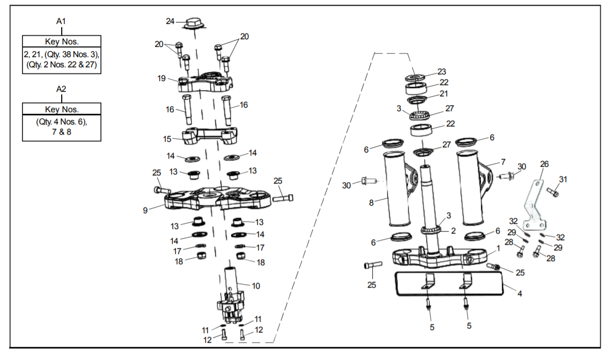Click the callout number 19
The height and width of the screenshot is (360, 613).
click(x=162, y=78)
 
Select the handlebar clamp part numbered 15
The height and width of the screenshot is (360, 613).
click(x=210, y=136)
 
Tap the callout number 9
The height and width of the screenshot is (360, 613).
click(x=145, y=210)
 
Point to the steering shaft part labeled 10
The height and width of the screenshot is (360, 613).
click(x=231, y=295)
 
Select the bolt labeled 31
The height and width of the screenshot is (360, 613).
click(x=553, y=192)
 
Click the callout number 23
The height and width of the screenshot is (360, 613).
click(x=442, y=71)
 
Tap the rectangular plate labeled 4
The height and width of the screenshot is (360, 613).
click(x=449, y=284)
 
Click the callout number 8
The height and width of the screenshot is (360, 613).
click(x=371, y=203)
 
